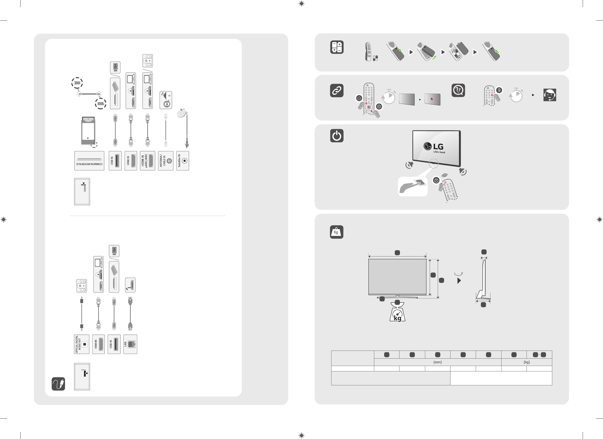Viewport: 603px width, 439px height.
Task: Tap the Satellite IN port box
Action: tap(183, 161)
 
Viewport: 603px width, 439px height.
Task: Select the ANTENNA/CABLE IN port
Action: tap(166, 161)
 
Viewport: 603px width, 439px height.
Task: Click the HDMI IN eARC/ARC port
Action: tap(148, 161)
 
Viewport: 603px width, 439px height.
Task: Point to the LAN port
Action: tap(130, 344)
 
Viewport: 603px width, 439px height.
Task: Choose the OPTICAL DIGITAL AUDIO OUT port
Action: tap(82, 344)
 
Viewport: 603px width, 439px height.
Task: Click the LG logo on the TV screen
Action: tap(434, 147)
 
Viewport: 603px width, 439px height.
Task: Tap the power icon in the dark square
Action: tap(337, 136)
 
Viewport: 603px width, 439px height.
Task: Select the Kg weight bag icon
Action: tap(336, 232)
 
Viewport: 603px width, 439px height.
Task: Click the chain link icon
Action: tap(337, 91)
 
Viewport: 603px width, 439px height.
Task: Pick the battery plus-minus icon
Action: tap(337, 47)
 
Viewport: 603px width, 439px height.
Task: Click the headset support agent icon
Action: tap(550, 95)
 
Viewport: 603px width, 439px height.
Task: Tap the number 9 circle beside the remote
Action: tap(499, 90)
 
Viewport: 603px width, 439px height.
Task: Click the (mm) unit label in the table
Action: tap(437, 362)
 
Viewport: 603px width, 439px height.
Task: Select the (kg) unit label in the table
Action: tap(527, 362)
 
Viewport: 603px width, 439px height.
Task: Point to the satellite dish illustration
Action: tap(182, 113)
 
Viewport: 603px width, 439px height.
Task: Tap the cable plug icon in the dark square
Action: tap(58, 384)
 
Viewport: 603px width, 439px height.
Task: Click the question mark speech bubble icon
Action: tap(458, 91)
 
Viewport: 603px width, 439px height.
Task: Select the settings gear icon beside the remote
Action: tap(379, 106)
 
